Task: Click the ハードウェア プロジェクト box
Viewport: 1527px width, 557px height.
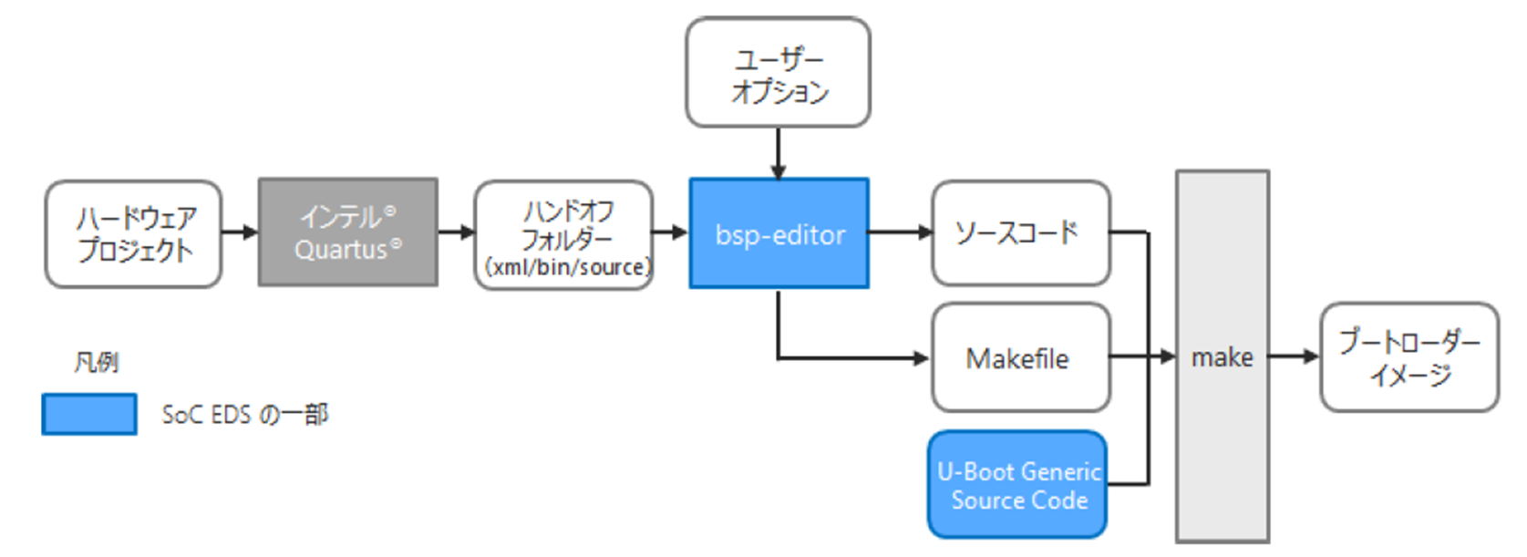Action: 134,234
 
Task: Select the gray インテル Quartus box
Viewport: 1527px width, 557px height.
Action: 348,232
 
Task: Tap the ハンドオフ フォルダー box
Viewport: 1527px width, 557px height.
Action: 563,235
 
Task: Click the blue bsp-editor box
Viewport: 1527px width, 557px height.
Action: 779,233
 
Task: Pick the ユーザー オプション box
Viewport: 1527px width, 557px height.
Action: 779,72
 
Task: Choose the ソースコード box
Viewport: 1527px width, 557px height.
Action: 1021,233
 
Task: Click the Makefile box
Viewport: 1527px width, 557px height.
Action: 1021,357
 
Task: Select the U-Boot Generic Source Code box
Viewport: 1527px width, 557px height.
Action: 1017,485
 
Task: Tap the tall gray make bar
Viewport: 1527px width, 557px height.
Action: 1223,356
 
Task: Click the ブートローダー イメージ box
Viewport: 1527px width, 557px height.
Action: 1409,357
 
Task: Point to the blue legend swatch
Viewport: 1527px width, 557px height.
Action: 89,414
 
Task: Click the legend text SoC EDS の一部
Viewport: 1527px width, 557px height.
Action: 244,415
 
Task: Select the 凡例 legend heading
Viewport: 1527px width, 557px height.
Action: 96,362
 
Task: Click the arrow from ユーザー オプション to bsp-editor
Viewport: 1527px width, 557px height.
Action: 779,153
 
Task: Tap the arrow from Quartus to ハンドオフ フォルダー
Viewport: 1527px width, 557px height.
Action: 457,232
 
